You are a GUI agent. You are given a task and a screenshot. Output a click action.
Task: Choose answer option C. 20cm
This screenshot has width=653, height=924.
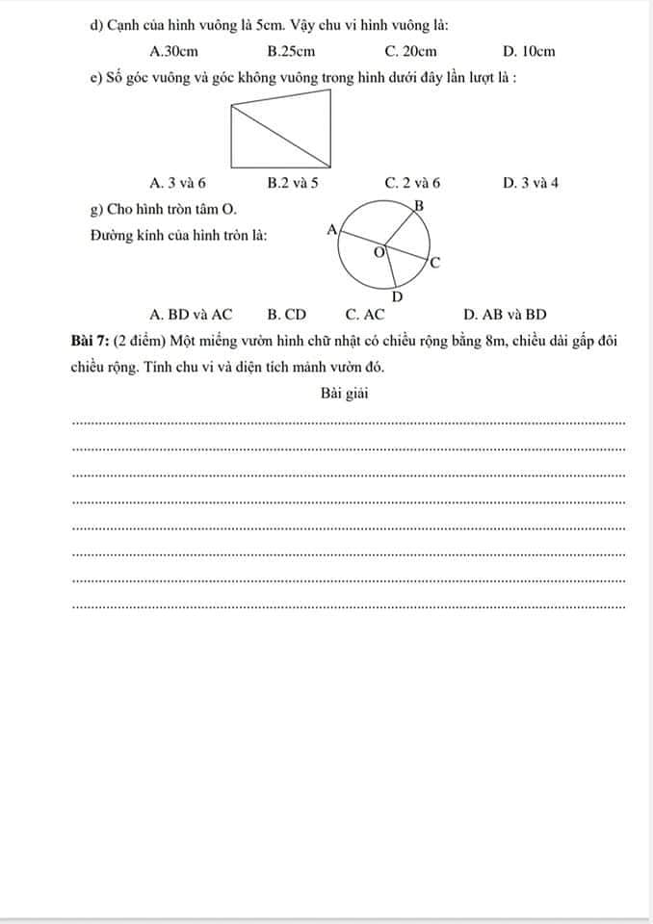click(x=410, y=51)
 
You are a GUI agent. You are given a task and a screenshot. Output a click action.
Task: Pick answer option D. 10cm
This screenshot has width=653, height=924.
click(x=529, y=51)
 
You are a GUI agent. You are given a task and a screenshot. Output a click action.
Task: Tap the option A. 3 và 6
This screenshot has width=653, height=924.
click(x=178, y=182)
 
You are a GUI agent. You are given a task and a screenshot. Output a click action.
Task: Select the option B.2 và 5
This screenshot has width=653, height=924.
click(x=293, y=182)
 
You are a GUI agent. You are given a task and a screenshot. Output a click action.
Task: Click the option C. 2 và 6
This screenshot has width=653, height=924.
click(x=412, y=182)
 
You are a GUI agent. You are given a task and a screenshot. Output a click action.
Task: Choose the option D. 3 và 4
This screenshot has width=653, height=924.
click(x=531, y=182)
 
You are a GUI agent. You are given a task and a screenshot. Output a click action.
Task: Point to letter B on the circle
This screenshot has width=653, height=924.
click(x=418, y=205)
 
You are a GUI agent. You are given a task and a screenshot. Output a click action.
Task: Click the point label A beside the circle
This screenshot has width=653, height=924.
click(x=331, y=229)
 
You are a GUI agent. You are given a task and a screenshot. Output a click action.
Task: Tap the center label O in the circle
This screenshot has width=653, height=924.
click(x=379, y=252)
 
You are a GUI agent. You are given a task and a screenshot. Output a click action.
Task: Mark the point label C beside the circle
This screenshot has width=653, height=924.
click(x=434, y=262)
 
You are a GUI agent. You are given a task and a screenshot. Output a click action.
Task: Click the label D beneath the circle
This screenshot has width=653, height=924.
click(x=397, y=297)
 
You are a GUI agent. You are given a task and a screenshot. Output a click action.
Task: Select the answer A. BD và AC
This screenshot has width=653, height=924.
click(x=192, y=314)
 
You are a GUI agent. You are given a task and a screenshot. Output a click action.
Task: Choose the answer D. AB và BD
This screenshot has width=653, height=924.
click(x=505, y=314)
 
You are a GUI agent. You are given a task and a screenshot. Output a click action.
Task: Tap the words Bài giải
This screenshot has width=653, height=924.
click(x=345, y=393)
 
